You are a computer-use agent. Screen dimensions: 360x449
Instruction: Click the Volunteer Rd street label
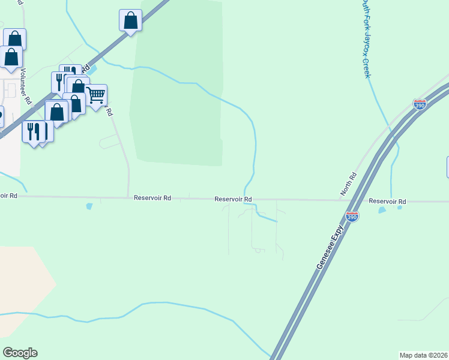point(25,86)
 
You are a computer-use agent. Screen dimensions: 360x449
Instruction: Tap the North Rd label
point(349,184)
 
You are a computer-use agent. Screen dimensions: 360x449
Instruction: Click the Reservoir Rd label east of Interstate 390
point(387,202)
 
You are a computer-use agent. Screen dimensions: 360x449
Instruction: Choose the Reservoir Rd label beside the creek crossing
point(233,199)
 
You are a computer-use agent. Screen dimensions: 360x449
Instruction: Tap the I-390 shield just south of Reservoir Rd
point(352,217)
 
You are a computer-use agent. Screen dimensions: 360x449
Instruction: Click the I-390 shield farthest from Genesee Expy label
point(420,104)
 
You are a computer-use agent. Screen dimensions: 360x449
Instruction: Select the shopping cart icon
point(95,95)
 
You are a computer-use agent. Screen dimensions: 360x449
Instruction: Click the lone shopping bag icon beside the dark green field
point(130,20)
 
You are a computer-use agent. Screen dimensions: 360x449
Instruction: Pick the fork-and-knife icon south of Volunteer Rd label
point(32,131)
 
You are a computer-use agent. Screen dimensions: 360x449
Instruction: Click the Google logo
point(20,353)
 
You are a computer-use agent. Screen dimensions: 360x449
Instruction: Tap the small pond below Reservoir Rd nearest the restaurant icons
point(90,206)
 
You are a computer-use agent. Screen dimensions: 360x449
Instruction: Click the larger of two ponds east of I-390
point(381,210)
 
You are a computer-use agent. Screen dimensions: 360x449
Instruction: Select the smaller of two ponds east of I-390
point(400,208)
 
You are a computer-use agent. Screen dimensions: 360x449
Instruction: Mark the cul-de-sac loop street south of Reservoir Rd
point(258,248)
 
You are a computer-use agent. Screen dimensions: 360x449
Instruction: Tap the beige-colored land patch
point(24,276)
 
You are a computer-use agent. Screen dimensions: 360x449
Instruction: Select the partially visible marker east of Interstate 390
point(447,167)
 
